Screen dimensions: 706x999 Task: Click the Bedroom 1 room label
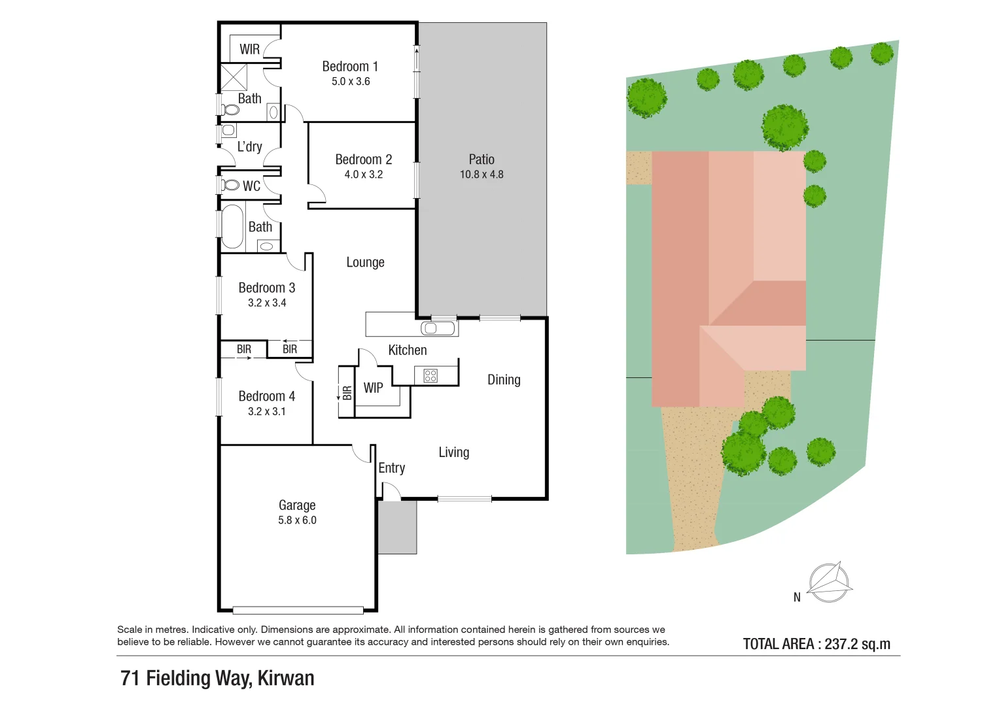point(350,67)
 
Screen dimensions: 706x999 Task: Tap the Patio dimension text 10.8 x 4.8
point(482,175)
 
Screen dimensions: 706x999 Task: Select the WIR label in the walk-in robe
point(249,50)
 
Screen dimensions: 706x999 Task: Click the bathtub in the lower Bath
point(232,227)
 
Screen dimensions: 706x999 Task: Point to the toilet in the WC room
point(230,185)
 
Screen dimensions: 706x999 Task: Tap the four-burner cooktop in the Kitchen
point(430,375)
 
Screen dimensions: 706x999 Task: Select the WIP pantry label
point(373,388)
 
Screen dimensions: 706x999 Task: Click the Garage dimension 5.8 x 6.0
point(297,520)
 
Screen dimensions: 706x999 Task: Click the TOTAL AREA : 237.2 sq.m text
point(816,644)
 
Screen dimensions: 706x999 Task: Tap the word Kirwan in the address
point(286,679)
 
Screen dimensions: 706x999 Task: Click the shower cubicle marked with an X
point(234,77)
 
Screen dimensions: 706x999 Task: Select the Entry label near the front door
point(391,468)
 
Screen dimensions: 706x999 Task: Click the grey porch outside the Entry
point(397,528)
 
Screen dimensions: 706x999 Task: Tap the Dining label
point(504,380)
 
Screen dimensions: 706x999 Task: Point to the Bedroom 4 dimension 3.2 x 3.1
point(267,411)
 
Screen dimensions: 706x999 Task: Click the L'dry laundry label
point(249,146)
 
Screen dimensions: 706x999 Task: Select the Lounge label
point(365,263)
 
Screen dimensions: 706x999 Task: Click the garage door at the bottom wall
point(298,611)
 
